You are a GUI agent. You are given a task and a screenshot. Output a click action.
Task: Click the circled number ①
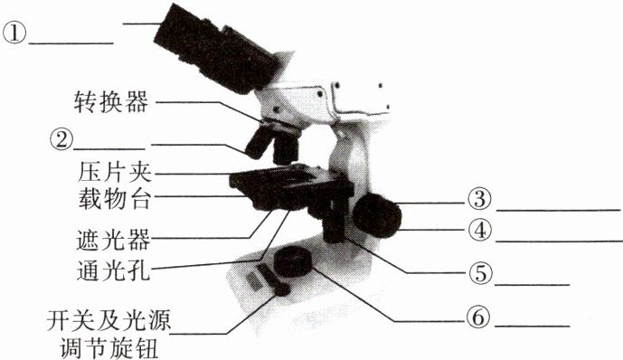pyautogui.click(x=14, y=33)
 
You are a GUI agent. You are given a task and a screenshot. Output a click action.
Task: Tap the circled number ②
pyautogui.click(x=61, y=140)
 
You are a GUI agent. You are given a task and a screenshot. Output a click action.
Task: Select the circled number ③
pyautogui.click(x=479, y=199)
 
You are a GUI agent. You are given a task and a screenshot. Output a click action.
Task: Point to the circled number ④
pyautogui.click(x=479, y=230)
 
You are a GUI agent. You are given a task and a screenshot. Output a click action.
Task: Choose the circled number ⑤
pyautogui.click(x=480, y=273)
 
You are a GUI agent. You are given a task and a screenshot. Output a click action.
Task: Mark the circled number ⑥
pyautogui.click(x=478, y=317)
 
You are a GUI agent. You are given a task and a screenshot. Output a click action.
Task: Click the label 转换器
pyautogui.click(x=111, y=102)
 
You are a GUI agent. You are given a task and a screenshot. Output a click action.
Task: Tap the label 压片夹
pyautogui.click(x=115, y=173)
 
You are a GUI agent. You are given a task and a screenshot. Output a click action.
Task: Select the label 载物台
pyautogui.click(x=115, y=198)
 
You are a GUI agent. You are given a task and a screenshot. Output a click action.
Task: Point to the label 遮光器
pyautogui.click(x=113, y=239)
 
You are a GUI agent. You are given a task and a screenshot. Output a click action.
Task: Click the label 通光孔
pyautogui.click(x=113, y=270)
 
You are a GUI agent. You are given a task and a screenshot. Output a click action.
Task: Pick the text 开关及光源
pyautogui.click(x=109, y=320)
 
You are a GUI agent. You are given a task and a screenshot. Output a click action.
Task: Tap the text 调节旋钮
pyautogui.click(x=109, y=348)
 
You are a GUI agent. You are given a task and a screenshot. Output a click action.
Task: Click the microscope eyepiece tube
pyautogui.click(x=217, y=49)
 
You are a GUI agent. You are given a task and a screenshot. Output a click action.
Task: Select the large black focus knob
pyautogui.click(x=377, y=215)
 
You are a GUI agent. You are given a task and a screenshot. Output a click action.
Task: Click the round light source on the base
pyautogui.click(x=293, y=261)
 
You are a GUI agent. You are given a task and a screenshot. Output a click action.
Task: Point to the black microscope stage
pyautogui.click(x=291, y=187)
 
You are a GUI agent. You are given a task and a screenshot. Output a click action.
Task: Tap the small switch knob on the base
pyautogui.click(x=282, y=290)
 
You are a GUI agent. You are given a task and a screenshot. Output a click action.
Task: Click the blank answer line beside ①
pyautogui.click(x=71, y=43)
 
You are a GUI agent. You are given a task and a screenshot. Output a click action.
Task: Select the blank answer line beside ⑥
pyautogui.click(x=532, y=327)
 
